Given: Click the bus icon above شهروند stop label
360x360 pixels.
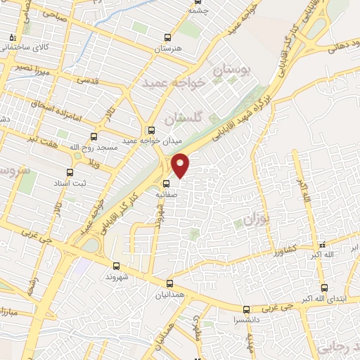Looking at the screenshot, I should click(x=117, y=265).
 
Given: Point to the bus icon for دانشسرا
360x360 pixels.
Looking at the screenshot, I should click(x=246, y=309).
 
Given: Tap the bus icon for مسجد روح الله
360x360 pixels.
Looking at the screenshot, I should click(x=95, y=137).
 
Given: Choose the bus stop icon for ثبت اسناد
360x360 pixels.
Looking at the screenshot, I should click(x=69, y=172).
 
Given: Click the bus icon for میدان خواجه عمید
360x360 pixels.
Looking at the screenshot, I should click(x=150, y=129).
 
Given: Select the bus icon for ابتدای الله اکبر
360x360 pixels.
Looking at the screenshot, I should click(x=323, y=287).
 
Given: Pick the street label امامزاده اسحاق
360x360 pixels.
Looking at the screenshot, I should click(x=46, y=106).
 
